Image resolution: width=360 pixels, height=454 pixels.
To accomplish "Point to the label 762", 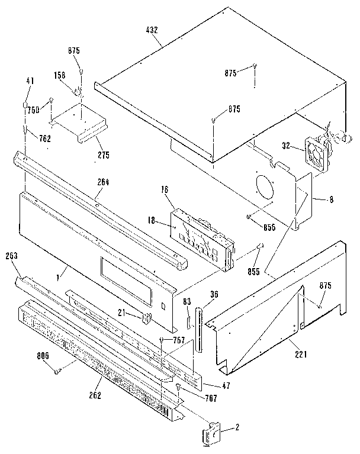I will pyautogui.click(x=28, y=139).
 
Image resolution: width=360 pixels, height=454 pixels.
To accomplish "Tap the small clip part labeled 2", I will pyautogui.click(x=211, y=436).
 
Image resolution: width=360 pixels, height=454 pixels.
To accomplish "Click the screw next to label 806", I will pyautogui.click(x=58, y=371).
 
